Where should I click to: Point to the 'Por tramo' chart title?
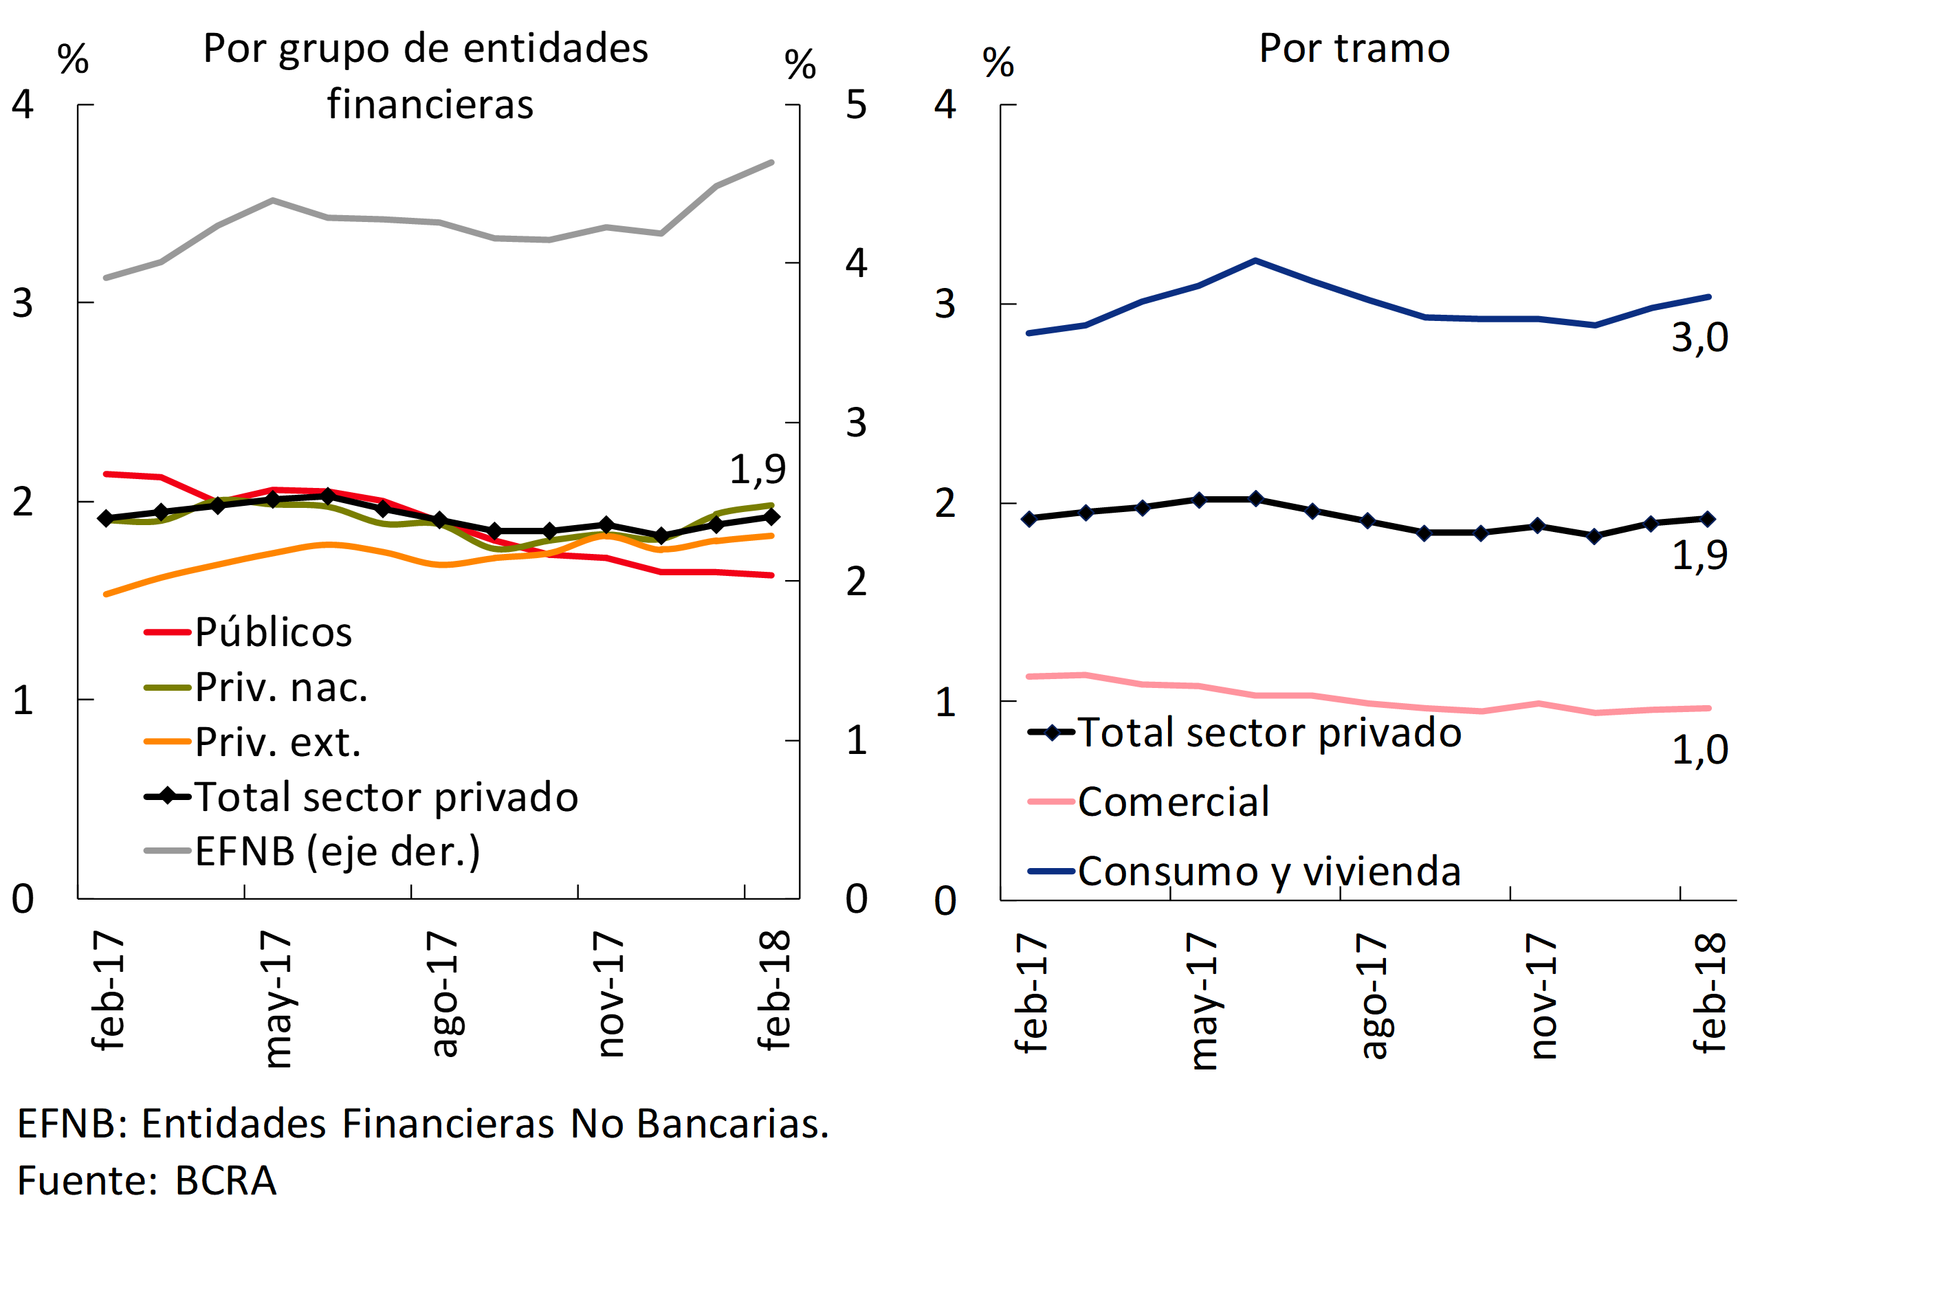[1354, 48]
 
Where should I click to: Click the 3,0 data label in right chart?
[1699, 337]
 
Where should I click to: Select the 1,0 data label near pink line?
[1699, 750]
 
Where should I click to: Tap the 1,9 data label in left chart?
[756, 469]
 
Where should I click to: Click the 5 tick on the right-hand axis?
[856, 105]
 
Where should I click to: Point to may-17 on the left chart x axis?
[276, 998]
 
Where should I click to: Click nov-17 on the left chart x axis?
[610, 994]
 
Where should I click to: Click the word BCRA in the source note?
[225, 1181]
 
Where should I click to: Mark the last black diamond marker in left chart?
[771, 517]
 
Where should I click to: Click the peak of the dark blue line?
[1255, 261]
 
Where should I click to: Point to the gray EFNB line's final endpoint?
[771, 162]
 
